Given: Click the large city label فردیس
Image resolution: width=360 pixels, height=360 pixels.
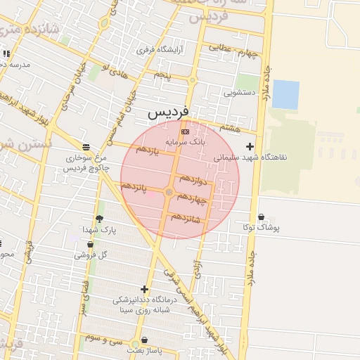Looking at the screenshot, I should pyautogui.click(x=169, y=112).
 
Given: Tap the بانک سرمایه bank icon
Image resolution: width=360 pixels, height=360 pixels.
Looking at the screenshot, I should pyautogui.click(x=185, y=131).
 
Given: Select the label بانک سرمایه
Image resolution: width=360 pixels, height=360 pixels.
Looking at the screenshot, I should pyautogui.click(x=186, y=142).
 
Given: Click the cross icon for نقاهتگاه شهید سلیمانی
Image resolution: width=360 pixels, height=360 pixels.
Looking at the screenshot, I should pyautogui.click(x=250, y=147).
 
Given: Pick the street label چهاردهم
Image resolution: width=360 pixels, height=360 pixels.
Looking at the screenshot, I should pyautogui.click(x=192, y=198).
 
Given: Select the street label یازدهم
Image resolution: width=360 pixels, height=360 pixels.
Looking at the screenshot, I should pyautogui.click(x=150, y=150).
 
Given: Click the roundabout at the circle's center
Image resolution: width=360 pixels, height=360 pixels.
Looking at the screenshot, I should pyautogui.click(x=169, y=192).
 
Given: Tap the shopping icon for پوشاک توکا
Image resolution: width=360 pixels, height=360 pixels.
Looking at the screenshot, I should pyautogui.click(x=262, y=217).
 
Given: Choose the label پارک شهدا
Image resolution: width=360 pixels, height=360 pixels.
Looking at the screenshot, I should pyautogui.click(x=98, y=230).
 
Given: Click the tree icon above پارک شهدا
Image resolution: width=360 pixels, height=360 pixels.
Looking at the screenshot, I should pyautogui.click(x=99, y=219).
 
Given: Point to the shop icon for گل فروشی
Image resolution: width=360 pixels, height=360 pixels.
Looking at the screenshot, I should pyautogui.click(x=90, y=245).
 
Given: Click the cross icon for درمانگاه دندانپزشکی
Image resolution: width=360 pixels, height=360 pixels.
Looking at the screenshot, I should pyautogui.click(x=144, y=289).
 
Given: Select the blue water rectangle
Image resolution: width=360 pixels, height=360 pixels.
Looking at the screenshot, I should pyautogui.click(x=285, y=94).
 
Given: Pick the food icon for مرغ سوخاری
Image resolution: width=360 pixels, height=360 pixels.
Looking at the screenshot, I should pyautogui.click(x=86, y=147).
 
